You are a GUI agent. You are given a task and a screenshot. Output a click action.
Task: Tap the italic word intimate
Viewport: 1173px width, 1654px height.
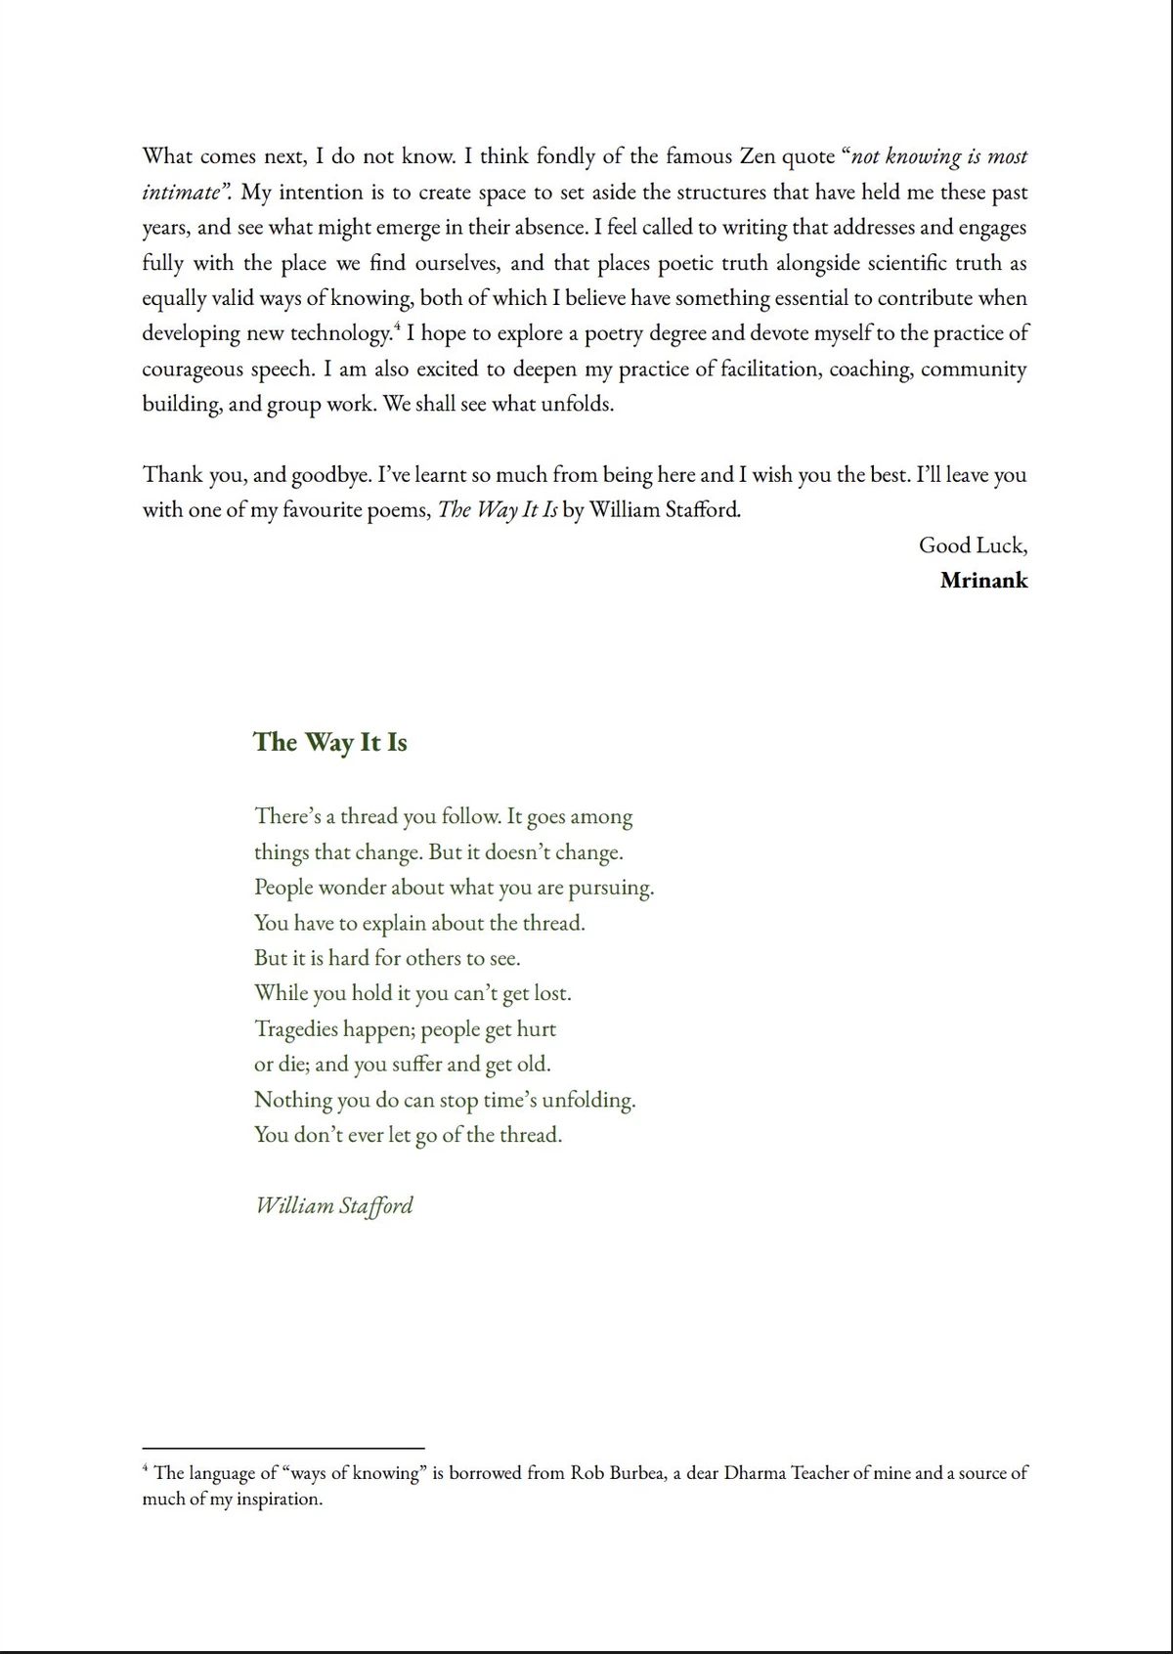click(181, 193)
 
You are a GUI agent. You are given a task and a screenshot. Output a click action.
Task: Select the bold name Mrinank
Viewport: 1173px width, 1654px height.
click(983, 581)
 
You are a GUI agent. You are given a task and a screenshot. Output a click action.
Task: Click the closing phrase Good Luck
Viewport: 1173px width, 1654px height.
click(972, 545)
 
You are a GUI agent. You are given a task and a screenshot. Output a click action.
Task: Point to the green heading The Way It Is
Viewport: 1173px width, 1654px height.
click(330, 742)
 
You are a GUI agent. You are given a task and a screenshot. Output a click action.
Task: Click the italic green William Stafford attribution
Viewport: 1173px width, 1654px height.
click(334, 1205)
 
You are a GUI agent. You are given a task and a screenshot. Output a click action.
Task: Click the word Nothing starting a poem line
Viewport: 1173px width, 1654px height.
click(293, 1100)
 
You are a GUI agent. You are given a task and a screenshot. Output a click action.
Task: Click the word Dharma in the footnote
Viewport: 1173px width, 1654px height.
click(755, 1473)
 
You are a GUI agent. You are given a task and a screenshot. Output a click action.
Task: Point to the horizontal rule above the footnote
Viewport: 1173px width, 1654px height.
click(283, 1448)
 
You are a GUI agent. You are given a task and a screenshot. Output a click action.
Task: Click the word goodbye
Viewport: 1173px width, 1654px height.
click(328, 475)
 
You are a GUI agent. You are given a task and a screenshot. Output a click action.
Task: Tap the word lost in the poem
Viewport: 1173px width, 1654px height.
click(551, 994)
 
